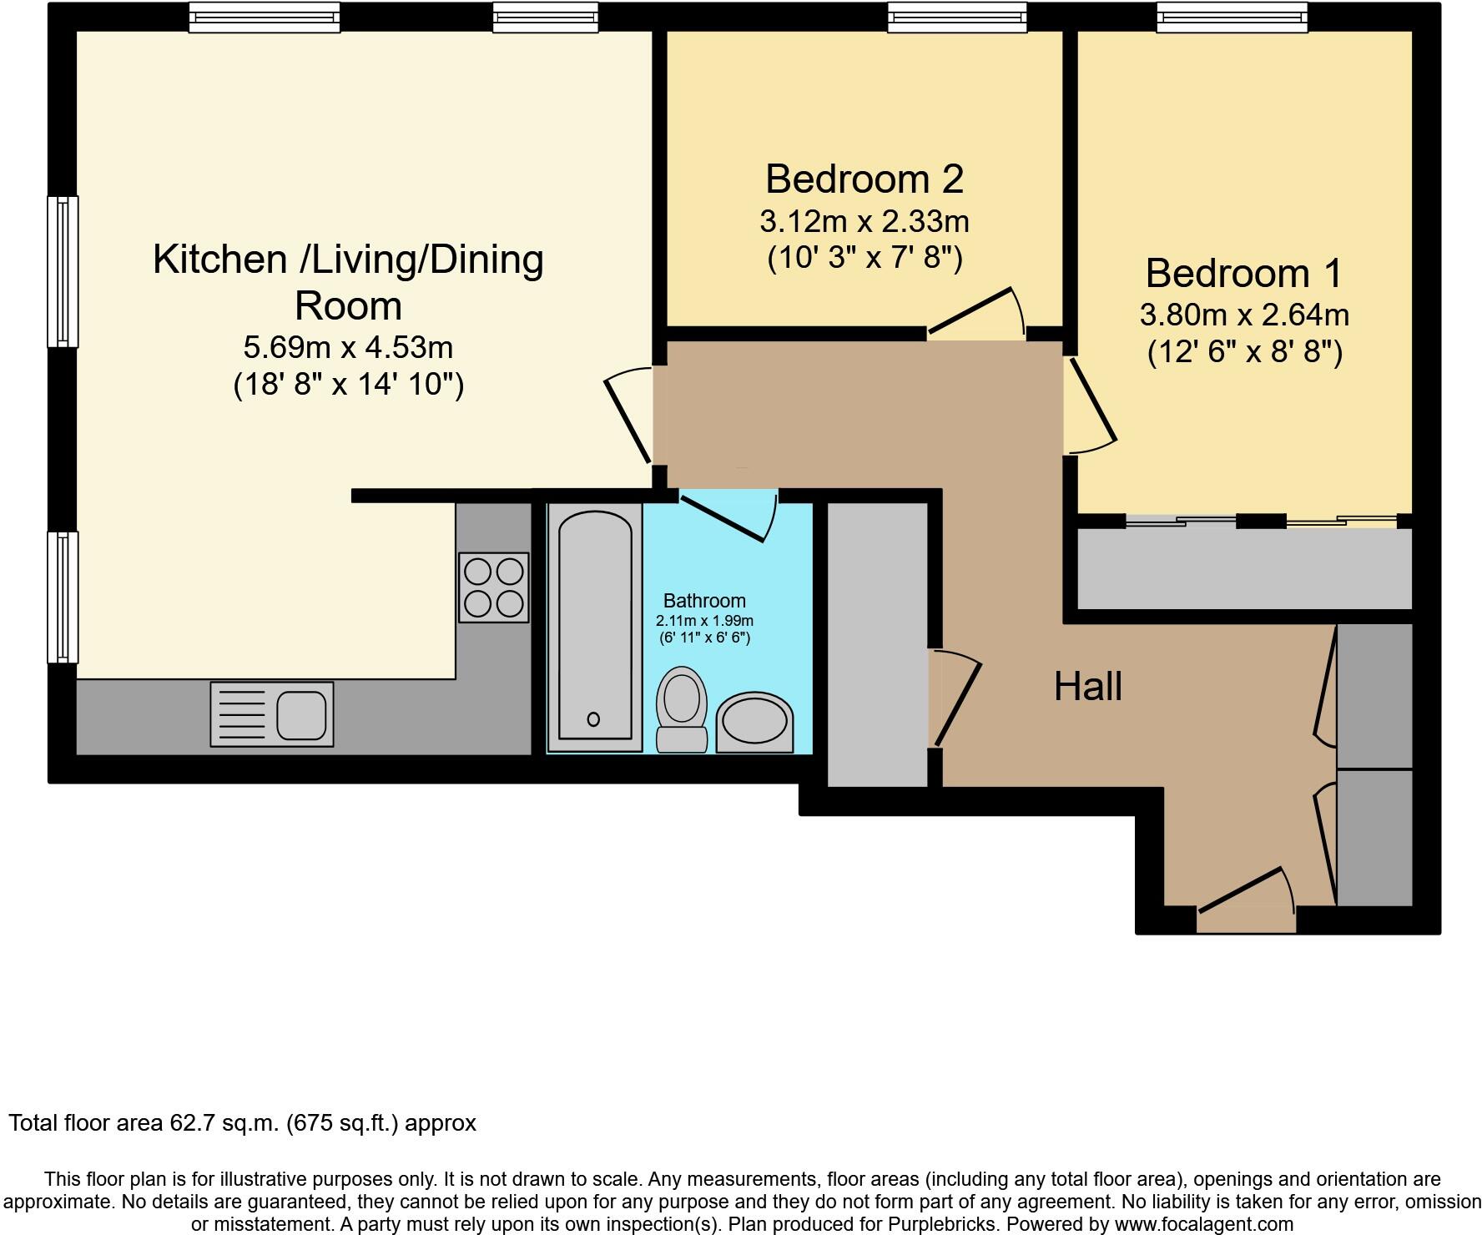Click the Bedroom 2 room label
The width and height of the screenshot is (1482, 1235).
coord(864,179)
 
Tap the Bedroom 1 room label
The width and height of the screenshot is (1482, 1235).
coord(1243,273)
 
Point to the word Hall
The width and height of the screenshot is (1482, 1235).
coord(1087,687)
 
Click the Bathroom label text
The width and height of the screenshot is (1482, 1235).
coord(703,600)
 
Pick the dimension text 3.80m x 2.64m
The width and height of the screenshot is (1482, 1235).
coord(1243,315)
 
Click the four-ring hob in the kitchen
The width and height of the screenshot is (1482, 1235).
coord(493,587)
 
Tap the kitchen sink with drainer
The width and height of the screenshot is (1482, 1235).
coord(272,714)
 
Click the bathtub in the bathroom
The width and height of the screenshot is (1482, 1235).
coord(594,626)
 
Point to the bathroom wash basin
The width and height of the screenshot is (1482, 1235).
coord(754,722)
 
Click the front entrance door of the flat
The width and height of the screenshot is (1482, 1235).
coord(1245,900)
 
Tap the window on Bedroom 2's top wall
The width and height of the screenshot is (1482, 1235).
coord(956,18)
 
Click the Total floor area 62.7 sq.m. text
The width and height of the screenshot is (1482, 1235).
coord(242,1123)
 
